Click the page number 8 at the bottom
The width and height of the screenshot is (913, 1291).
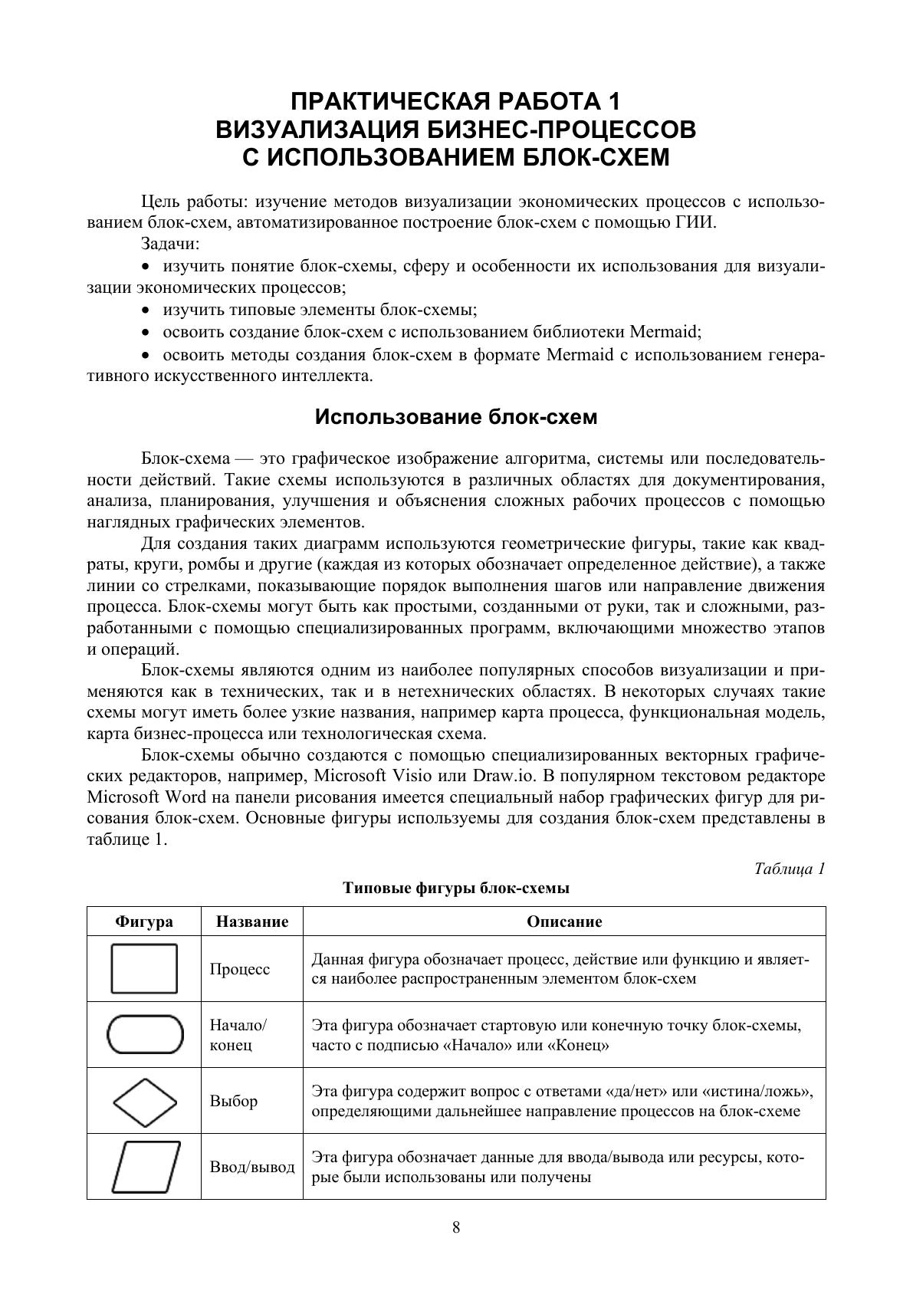[456, 1227]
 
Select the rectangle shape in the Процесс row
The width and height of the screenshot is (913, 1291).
[144, 969]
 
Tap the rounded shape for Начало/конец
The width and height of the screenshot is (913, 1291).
[145, 1034]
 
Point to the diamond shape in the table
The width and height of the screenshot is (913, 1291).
[145, 1102]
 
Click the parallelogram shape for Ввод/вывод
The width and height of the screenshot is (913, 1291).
[146, 1167]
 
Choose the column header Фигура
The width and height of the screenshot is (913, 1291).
[144, 921]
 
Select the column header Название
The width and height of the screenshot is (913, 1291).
[252, 921]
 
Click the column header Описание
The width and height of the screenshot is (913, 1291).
[564, 921]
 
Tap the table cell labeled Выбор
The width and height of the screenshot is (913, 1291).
[234, 1102]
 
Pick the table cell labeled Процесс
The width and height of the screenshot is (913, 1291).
[240, 969]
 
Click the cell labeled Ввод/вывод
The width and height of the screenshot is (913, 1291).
[252, 1167]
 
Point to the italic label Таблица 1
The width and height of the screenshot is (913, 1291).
[790, 869]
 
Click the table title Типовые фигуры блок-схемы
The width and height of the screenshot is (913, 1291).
[456, 889]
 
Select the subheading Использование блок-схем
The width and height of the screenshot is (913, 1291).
[456, 417]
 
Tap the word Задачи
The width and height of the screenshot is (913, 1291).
[170, 244]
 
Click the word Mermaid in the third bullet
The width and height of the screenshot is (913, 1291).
[664, 332]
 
